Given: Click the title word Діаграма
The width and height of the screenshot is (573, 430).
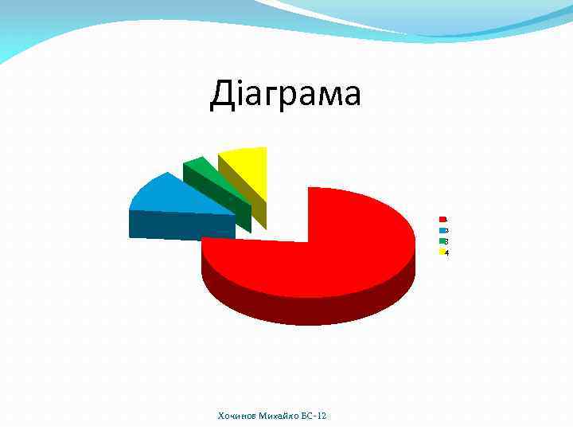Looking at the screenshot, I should (285, 94).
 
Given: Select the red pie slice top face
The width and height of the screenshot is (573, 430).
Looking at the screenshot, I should (350, 239).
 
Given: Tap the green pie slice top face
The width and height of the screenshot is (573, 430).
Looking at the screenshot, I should (201, 167).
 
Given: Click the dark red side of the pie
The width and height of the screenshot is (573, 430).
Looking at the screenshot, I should (310, 303).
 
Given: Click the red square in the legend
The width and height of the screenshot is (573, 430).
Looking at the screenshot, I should (442, 219).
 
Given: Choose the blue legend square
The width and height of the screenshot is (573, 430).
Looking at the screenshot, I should (442, 230).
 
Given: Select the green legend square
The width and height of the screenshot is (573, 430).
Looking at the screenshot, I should (442, 241).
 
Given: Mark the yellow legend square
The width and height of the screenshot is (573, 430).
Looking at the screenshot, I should (442, 252).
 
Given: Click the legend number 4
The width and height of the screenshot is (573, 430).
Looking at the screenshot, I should (447, 253).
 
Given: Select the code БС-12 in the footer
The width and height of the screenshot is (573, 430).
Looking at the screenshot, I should (314, 416).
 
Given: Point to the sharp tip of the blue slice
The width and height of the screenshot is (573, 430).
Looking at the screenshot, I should (236, 215).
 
